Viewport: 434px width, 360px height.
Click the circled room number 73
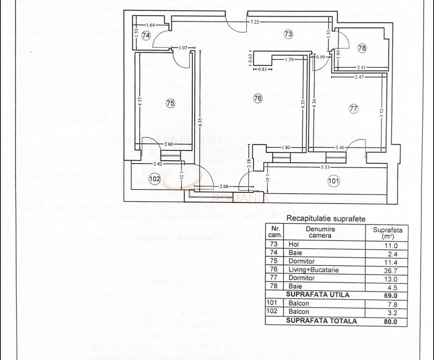(x=288, y=35)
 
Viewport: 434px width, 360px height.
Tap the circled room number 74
(x=146, y=36)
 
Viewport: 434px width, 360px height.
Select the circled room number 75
(x=170, y=103)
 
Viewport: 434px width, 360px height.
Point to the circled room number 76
(x=258, y=98)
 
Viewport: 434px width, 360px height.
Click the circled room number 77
(x=354, y=108)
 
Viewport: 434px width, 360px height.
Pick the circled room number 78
(x=362, y=47)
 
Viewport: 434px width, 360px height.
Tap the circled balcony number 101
(x=334, y=181)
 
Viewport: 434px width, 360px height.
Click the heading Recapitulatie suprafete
(x=326, y=219)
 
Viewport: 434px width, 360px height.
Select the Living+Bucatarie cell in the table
(x=313, y=270)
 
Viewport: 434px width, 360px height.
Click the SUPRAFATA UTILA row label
(x=312, y=295)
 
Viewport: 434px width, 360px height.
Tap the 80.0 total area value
(x=390, y=322)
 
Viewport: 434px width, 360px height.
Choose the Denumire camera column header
(x=320, y=232)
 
